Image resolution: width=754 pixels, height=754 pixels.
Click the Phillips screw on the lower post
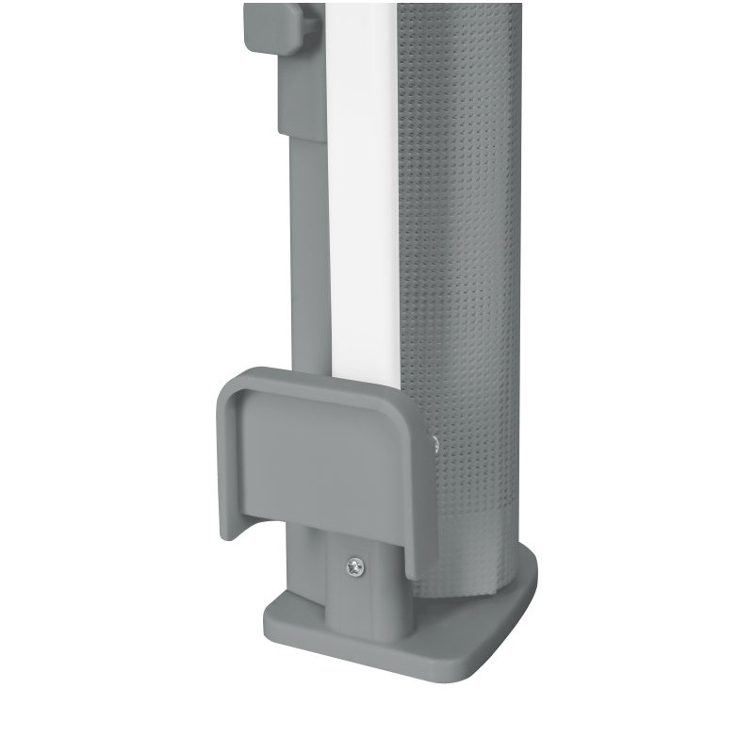pos(355,566)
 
